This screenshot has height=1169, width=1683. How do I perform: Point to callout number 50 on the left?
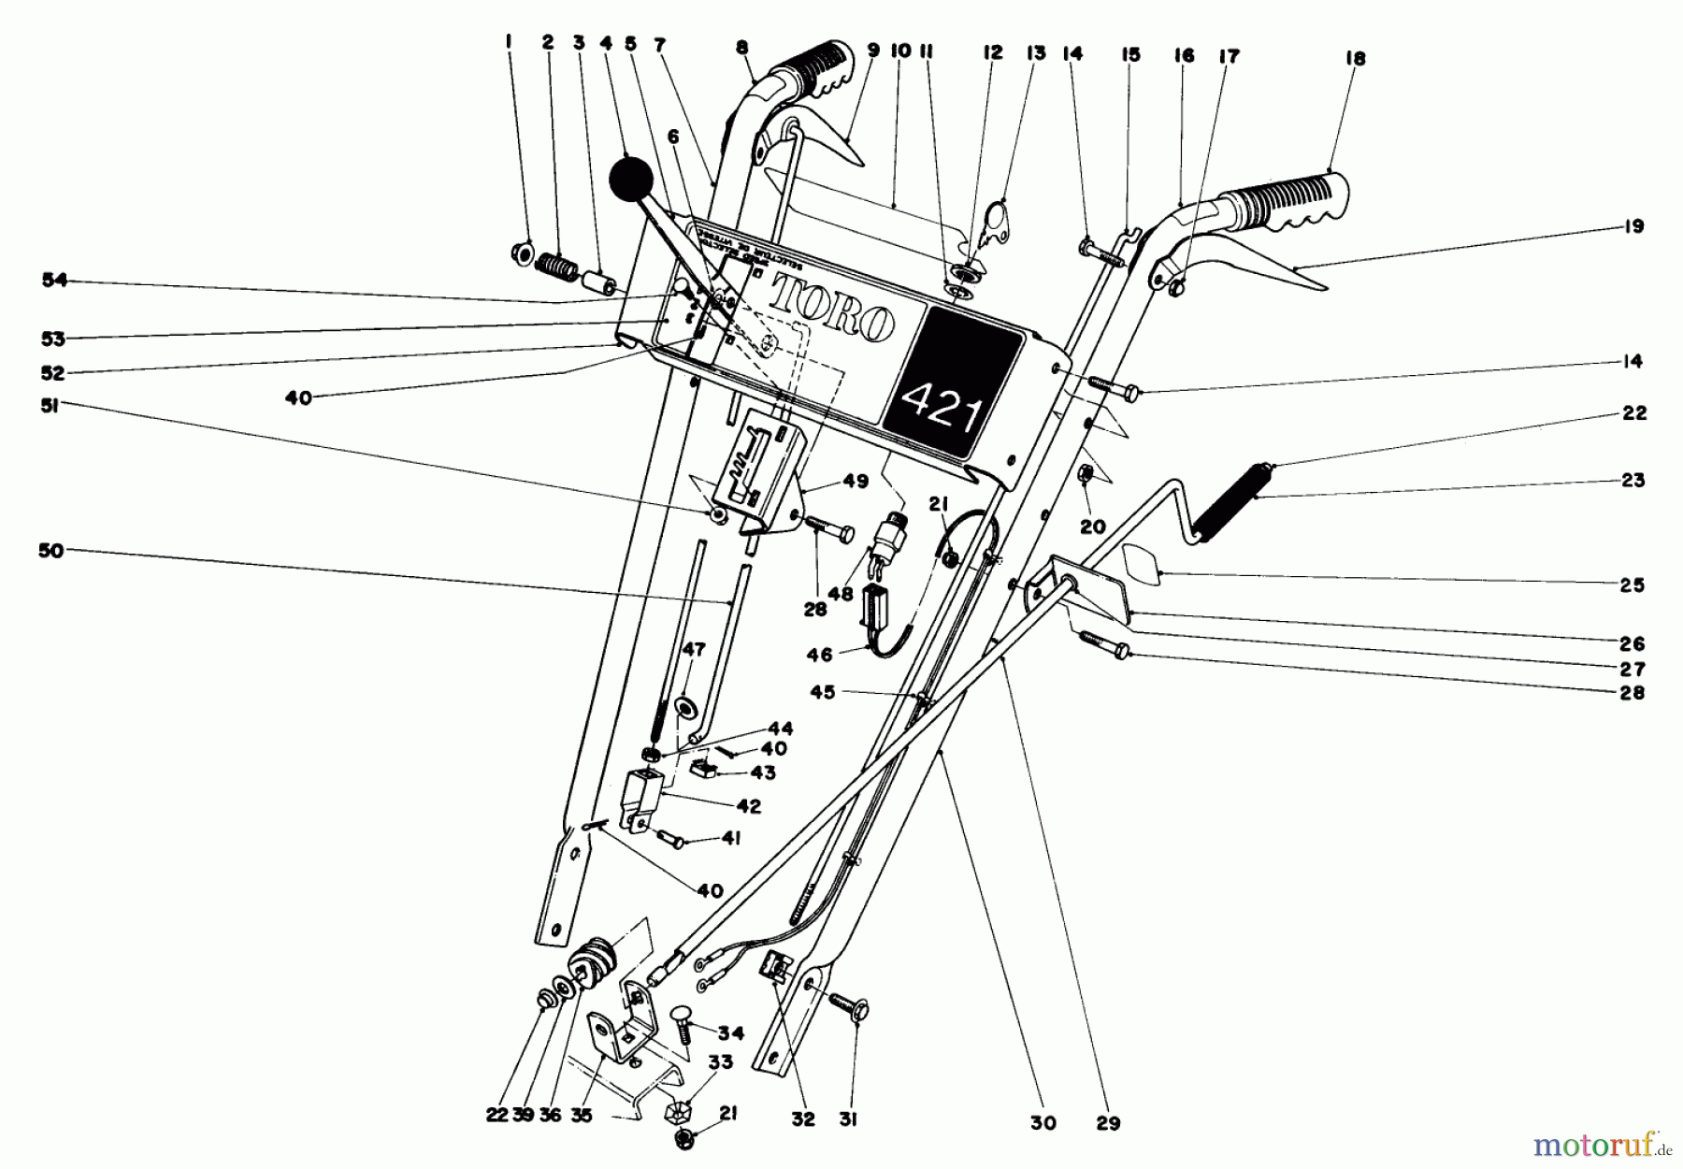50,551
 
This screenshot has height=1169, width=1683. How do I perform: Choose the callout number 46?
819,656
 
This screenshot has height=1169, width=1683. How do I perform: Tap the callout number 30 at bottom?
1043,1123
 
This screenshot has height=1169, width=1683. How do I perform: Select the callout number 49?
855,482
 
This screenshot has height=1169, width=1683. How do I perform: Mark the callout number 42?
748,806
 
